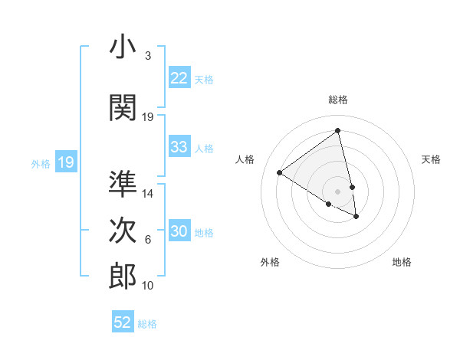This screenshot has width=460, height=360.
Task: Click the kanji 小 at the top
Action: click(x=123, y=47)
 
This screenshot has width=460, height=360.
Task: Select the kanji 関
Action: click(x=123, y=109)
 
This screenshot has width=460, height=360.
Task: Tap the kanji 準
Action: click(x=123, y=183)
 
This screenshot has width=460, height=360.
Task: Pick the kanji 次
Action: click(x=123, y=231)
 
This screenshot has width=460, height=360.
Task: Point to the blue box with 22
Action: click(x=179, y=78)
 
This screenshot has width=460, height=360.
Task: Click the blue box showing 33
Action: click(x=179, y=147)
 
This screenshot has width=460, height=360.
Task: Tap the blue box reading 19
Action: click(x=65, y=162)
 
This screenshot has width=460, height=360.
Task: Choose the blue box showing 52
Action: click(x=123, y=322)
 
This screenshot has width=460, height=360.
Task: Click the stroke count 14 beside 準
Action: click(x=149, y=194)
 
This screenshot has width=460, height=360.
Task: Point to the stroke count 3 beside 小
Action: click(x=148, y=56)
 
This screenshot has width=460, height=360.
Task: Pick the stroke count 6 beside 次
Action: click(x=148, y=240)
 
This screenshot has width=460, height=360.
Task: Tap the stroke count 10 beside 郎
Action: click(x=149, y=286)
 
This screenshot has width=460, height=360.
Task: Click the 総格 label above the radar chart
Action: click(x=338, y=100)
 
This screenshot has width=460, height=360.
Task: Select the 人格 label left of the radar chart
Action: click(x=245, y=159)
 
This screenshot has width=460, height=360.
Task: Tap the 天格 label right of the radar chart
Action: click(x=431, y=159)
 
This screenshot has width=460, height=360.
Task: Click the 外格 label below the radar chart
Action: click(x=270, y=263)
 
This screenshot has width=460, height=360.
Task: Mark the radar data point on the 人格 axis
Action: click(x=280, y=173)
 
